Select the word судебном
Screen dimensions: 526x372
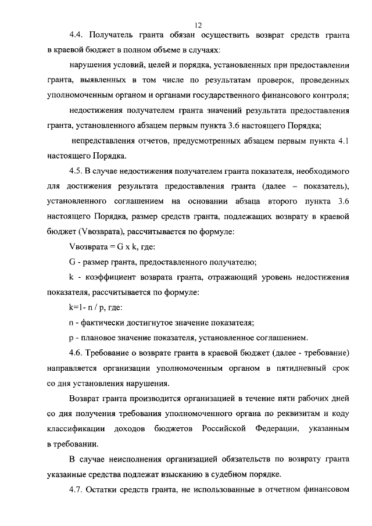(x=230, y=474)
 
